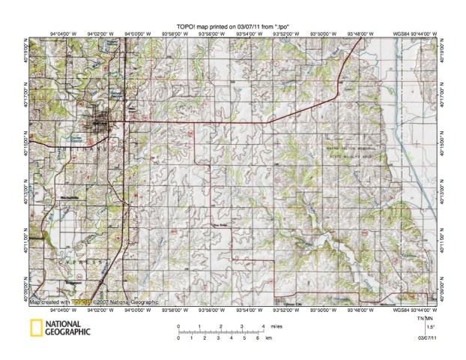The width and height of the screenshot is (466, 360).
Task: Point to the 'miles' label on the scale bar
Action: tap(276, 326)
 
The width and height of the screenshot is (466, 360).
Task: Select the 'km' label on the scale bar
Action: tap(269, 338)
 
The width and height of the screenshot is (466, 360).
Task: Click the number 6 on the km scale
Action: tap(257, 338)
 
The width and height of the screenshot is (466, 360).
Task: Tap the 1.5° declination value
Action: tap(429, 327)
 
